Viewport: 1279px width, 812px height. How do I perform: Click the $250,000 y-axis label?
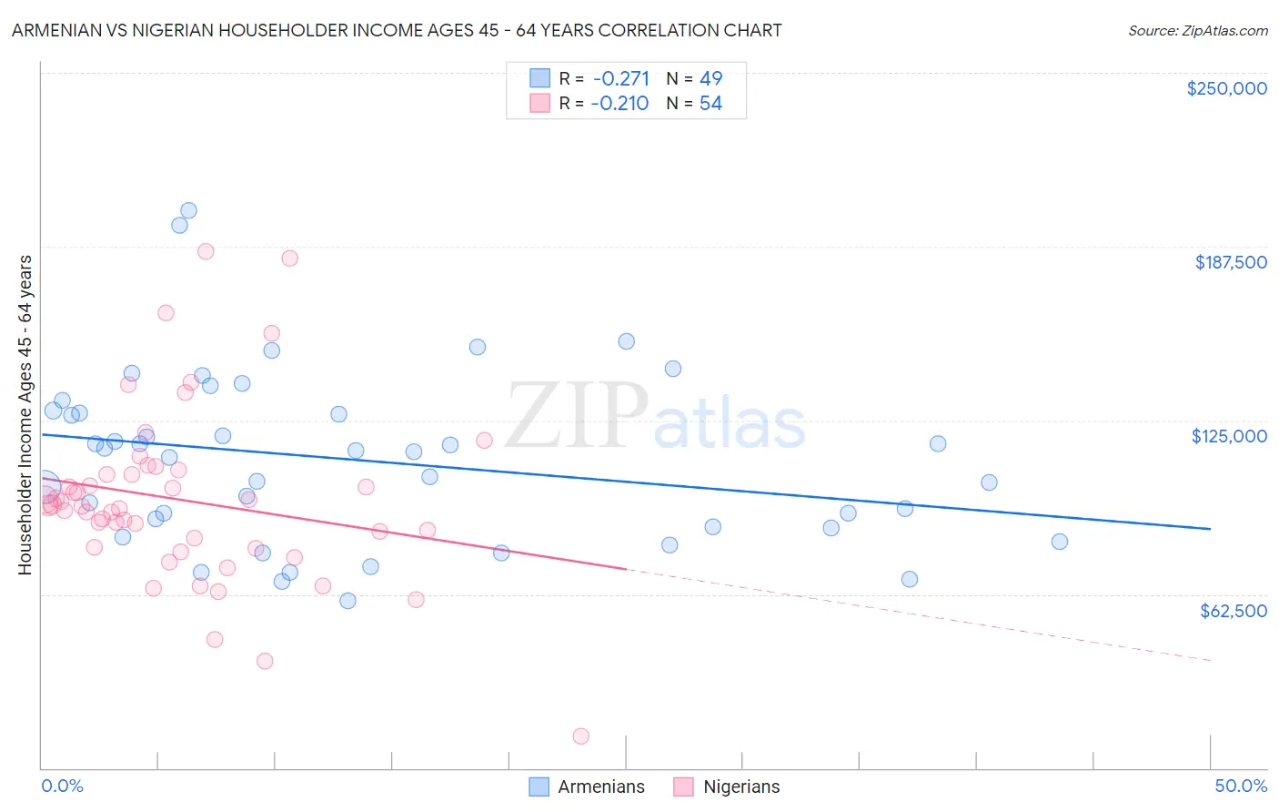tap(1226, 88)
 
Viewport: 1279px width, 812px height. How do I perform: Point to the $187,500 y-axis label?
tap(1230, 262)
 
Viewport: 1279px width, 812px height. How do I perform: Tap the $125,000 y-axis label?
tap(1229, 436)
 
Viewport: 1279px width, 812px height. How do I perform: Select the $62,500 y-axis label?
tap(1233, 611)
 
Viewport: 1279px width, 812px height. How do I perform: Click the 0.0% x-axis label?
tap(62, 786)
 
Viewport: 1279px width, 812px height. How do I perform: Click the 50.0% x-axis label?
tap(1241, 786)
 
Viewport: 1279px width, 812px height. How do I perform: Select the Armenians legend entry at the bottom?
tap(588, 787)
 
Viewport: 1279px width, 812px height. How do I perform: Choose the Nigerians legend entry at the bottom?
tap(727, 787)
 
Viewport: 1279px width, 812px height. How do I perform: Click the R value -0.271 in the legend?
tap(619, 78)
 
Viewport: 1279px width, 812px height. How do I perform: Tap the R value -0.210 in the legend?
tap(619, 104)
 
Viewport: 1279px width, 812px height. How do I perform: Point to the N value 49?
tap(710, 78)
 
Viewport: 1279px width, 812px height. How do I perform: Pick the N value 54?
tap(710, 104)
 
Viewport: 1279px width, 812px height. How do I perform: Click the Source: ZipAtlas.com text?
tap(1197, 30)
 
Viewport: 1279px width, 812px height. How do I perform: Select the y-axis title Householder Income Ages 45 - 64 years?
tap(25, 414)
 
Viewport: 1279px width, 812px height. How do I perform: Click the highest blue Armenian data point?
tap(188, 210)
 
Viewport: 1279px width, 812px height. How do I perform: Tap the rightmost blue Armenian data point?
tap(1059, 542)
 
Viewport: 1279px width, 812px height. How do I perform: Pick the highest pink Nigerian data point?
tap(206, 251)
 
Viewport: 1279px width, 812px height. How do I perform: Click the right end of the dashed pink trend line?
tap(1210, 660)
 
